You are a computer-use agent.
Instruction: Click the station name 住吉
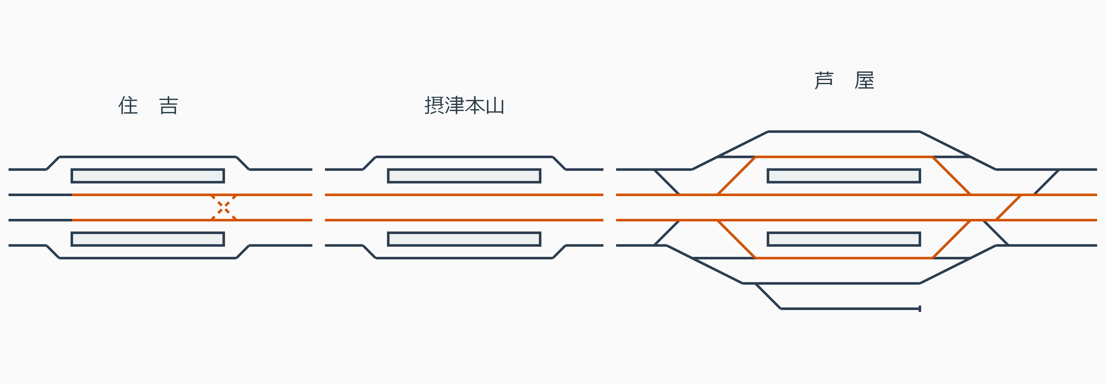(x=148, y=105)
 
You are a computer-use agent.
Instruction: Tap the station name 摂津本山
(x=464, y=105)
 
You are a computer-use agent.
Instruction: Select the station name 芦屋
(x=844, y=80)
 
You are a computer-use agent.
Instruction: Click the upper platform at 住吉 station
(x=147, y=176)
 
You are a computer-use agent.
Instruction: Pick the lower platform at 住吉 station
(x=147, y=239)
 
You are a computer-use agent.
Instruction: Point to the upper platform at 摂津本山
(x=464, y=176)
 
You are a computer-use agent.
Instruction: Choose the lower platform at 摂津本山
(x=464, y=239)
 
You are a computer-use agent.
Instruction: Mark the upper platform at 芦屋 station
(x=844, y=176)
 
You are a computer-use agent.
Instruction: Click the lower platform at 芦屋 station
(x=844, y=239)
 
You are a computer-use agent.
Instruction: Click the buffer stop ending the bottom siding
(x=920, y=309)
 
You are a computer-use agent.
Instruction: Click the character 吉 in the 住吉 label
(x=168, y=105)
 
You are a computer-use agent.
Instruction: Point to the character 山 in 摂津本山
(x=495, y=105)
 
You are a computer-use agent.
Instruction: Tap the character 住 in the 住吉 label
(x=128, y=105)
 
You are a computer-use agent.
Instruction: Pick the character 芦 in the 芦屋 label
(x=824, y=80)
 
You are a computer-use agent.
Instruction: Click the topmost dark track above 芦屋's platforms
(x=844, y=132)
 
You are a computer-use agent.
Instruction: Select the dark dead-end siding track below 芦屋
(x=849, y=309)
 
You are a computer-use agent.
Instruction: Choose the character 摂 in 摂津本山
(x=434, y=105)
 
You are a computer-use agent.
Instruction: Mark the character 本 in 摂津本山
(x=474, y=105)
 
